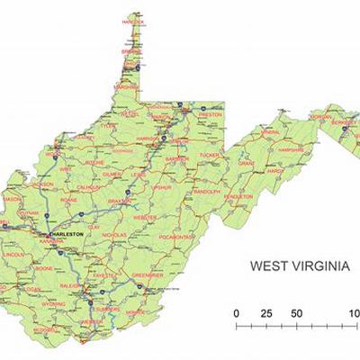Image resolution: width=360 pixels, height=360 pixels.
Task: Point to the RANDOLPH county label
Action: [206, 191]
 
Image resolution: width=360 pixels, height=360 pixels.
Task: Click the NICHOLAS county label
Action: [114, 236]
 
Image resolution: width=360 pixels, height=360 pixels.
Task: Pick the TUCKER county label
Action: [209, 154]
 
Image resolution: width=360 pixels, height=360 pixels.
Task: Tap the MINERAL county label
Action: [271, 132]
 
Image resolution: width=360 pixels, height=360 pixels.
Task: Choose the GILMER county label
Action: [112, 175]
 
